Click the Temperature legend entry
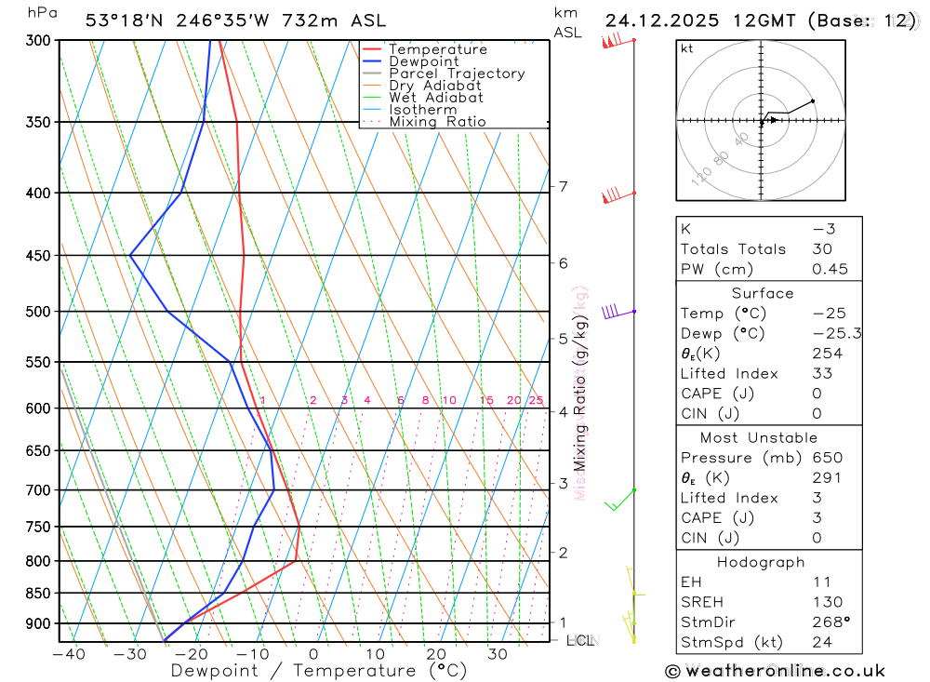437,49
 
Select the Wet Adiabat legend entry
435,97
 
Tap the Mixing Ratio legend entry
437,121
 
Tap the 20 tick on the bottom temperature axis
436,654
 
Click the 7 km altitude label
563,187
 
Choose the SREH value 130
826,602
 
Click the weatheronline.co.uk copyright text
776,671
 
